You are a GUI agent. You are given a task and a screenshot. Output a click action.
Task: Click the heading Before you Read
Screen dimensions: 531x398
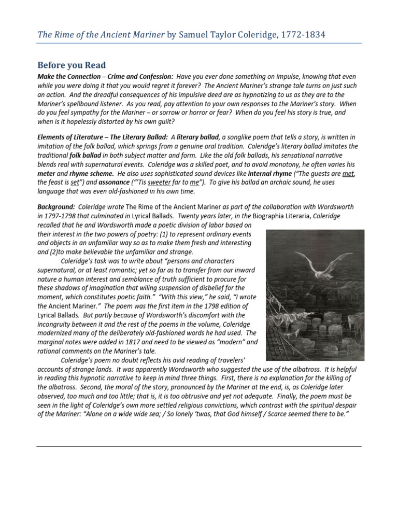[x=72, y=65]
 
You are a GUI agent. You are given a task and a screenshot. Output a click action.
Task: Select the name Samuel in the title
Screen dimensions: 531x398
[x=196, y=34]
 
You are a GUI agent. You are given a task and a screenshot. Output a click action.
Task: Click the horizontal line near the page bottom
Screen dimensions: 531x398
[x=199, y=446]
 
